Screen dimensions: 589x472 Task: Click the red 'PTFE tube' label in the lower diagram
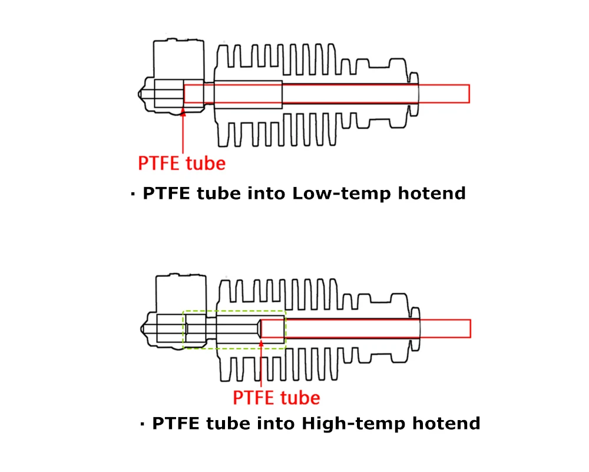click(276, 398)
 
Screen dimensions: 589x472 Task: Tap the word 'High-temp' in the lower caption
click(353, 424)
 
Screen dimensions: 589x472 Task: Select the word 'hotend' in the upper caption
click(432, 194)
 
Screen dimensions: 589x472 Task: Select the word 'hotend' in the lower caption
click(446, 424)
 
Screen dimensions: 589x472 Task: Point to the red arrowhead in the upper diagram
click(183, 112)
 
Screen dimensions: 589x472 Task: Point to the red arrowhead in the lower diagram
click(261, 343)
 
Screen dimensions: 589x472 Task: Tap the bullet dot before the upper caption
click(133, 194)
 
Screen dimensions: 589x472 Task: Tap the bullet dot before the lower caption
click(142, 424)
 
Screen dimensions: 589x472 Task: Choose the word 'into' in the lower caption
click(276, 424)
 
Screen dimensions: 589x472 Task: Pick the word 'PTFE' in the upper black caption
click(167, 194)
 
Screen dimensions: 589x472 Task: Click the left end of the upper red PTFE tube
click(184, 94)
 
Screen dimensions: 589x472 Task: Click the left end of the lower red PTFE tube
click(261, 329)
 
